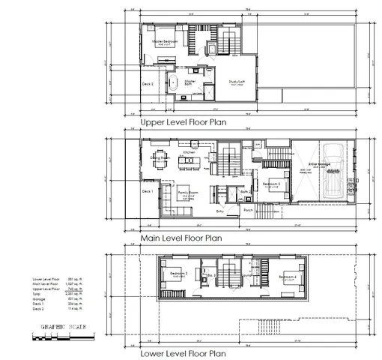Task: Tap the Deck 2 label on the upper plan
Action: point(148,84)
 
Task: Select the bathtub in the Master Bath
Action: point(174,82)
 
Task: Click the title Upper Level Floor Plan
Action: point(184,121)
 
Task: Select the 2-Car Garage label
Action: point(320,163)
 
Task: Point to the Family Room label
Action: point(187,192)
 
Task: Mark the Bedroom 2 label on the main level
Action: point(271,183)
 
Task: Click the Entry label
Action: point(220,211)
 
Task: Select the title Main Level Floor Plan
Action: point(182,239)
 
